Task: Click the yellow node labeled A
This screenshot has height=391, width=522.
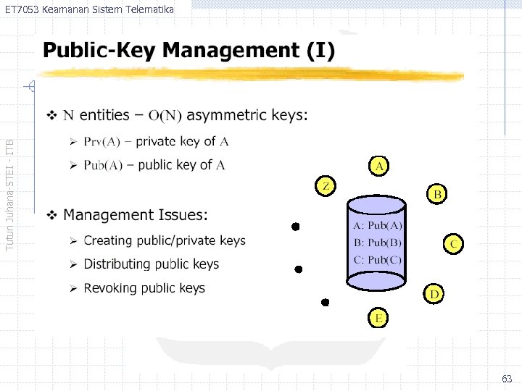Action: click(378, 166)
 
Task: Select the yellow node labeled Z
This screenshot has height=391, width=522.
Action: click(326, 186)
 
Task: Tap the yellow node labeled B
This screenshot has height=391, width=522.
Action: click(437, 194)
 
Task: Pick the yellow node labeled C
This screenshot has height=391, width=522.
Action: click(452, 243)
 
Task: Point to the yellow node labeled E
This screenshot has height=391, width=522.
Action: click(378, 317)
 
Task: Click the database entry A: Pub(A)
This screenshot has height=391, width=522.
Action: click(377, 225)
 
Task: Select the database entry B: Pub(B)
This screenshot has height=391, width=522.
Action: click(377, 242)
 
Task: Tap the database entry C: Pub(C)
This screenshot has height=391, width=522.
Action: click(377, 259)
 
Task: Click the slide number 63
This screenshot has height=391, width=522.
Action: click(507, 379)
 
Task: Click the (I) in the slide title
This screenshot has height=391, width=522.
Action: click(320, 51)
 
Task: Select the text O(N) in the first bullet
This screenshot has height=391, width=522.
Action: click(165, 116)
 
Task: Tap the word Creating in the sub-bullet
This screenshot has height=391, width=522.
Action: click(107, 240)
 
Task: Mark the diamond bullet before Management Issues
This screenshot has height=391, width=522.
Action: click(51, 215)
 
